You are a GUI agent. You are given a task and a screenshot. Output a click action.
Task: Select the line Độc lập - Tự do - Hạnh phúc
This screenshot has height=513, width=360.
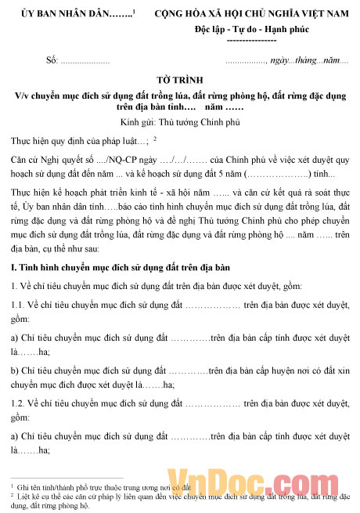250,28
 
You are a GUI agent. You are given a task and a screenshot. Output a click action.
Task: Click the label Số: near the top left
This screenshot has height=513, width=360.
52,60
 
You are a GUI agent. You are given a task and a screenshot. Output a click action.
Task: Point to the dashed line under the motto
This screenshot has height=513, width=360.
250,39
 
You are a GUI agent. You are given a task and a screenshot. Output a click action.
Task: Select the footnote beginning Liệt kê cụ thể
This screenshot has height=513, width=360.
180,499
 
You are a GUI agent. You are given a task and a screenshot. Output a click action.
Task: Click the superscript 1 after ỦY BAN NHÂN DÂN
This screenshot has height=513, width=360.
134,12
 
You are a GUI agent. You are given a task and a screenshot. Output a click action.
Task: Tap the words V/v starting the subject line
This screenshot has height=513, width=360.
22,96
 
